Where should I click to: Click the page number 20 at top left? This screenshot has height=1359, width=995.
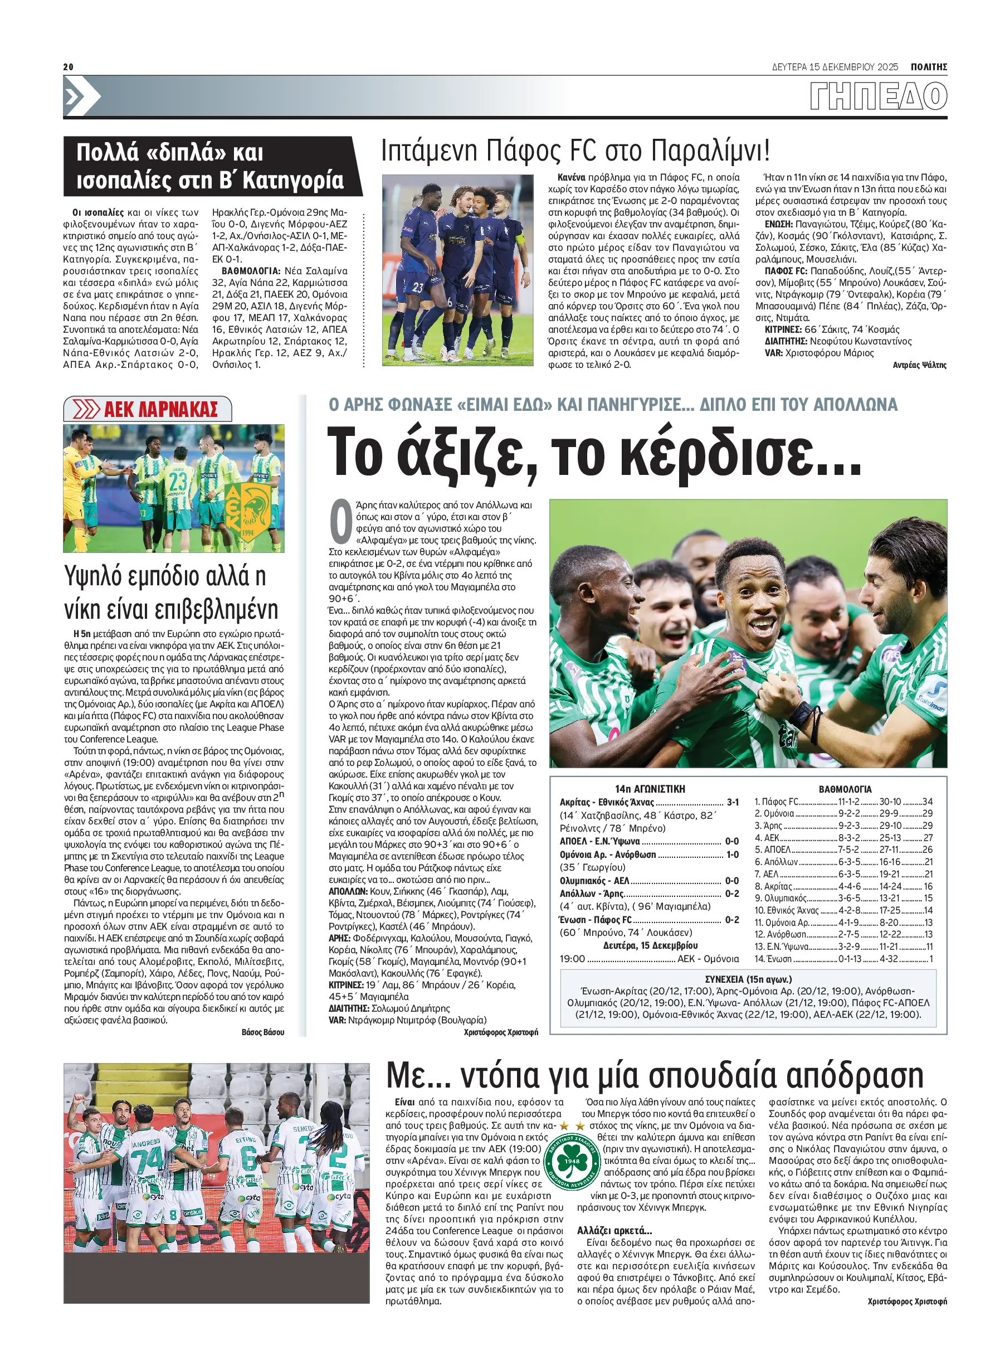pos(68,67)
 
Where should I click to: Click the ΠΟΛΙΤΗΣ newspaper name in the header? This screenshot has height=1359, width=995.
pos(929,67)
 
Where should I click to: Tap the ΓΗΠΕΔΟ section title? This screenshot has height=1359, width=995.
pos(878,96)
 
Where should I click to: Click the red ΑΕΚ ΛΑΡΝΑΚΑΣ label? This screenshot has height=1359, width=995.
pos(160,409)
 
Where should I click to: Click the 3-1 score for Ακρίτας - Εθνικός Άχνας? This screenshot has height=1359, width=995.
pos(733,802)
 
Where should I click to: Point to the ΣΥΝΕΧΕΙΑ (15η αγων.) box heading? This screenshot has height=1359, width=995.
pos(748,979)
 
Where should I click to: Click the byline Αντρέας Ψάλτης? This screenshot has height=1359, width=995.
pos(919,365)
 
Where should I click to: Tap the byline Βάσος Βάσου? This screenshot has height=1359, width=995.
pos(262,1032)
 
